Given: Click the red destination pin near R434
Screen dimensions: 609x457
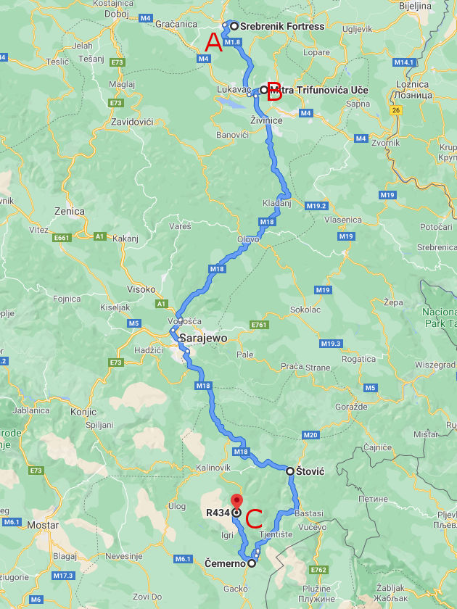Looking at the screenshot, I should pyautogui.click(x=236, y=501).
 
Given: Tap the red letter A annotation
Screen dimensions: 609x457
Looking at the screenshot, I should pyautogui.click(x=213, y=43).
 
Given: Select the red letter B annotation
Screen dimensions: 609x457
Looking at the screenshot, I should pyautogui.click(x=275, y=92).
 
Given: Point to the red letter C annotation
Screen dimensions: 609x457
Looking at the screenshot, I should pyautogui.click(x=254, y=518).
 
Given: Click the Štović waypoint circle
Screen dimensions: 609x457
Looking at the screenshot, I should pyautogui.click(x=290, y=471).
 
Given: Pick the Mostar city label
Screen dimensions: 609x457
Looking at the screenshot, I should pyautogui.click(x=42, y=524).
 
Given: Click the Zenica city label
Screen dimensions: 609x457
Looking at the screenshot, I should pyautogui.click(x=69, y=212).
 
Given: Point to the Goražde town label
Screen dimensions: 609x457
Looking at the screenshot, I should pyautogui.click(x=353, y=407).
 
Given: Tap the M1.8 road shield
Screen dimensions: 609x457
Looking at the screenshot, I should pyautogui.click(x=232, y=42).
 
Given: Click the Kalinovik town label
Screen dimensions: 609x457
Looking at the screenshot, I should pyautogui.click(x=213, y=468).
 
